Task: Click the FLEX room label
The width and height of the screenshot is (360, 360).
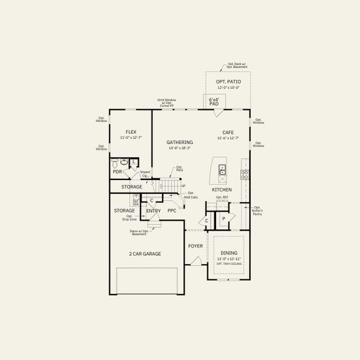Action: coord(131,132)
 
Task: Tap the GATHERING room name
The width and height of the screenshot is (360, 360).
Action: coord(179,142)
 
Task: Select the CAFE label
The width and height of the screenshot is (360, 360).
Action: coord(228,132)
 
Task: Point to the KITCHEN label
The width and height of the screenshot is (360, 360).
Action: coord(221,190)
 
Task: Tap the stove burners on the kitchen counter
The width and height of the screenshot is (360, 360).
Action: coord(245,175)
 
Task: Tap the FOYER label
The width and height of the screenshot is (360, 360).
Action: coord(196,246)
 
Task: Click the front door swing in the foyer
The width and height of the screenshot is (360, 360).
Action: coord(195,260)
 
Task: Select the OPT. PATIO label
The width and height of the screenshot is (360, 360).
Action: coord(227,81)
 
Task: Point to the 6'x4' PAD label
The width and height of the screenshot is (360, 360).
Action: coord(214,101)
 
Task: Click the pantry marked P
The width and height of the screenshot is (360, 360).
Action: coord(223,220)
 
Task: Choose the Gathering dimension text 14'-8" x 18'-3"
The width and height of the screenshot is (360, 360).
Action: coord(179,148)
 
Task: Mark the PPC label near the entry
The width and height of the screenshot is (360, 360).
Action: coord(172,211)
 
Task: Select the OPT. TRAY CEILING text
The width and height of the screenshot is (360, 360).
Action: coord(228,264)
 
